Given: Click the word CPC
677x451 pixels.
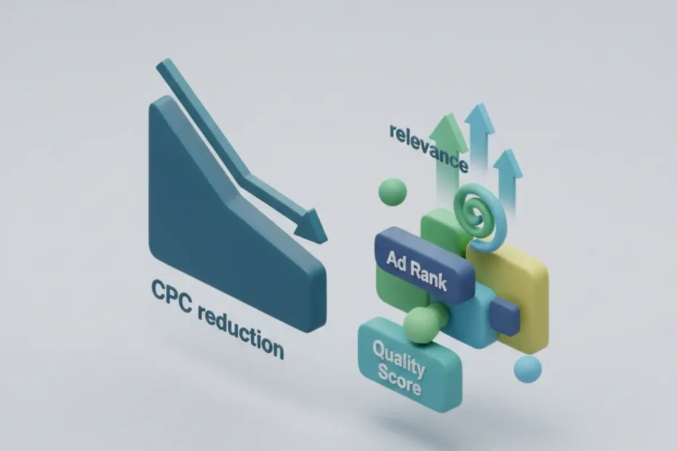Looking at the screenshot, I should click(x=170, y=295).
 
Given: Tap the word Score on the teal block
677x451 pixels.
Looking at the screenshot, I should click(x=400, y=380).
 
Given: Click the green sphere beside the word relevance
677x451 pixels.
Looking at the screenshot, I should click(x=392, y=192).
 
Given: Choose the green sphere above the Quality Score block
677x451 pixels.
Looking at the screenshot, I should click(x=420, y=324).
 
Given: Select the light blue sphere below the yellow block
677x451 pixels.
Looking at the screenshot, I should click(x=527, y=370).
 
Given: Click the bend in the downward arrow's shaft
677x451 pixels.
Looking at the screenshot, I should click(x=248, y=176).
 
